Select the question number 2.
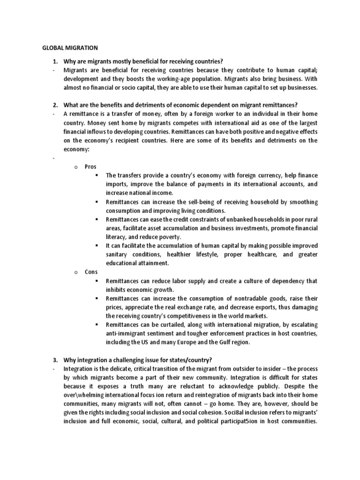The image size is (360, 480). coord(54,105)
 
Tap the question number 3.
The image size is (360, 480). coord(54,360)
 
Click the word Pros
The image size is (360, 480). coord(90,166)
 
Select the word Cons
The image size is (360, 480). coord(91,271)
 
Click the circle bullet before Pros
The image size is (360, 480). coord(75,167)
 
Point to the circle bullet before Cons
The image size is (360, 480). coord(75,272)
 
